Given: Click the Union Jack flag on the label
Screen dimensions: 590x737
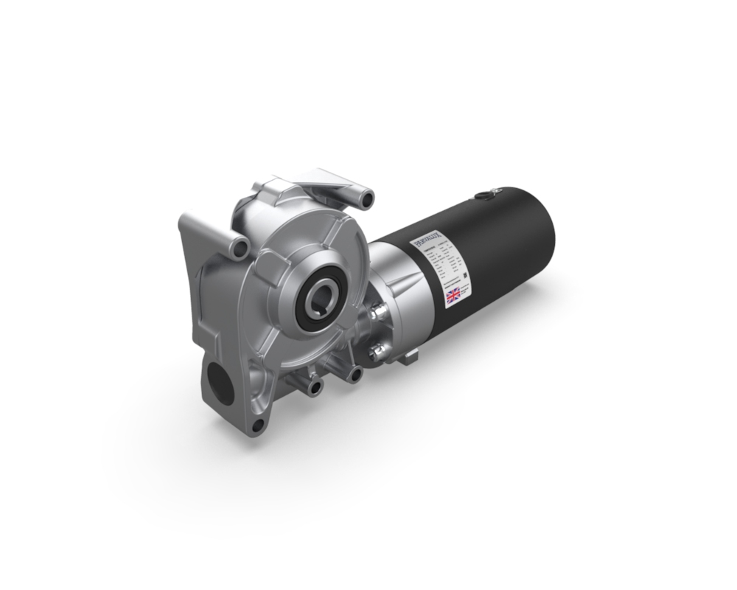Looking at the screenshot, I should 453,296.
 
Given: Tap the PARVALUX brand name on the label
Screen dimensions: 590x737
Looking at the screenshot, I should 426,240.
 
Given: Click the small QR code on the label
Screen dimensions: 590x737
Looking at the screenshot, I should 465,277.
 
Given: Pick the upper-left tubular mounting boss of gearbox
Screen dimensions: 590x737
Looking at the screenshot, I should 237,248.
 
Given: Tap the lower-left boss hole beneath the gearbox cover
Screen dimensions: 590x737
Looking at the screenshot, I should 315,386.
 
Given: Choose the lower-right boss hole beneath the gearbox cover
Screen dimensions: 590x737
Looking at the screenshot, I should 355,375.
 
